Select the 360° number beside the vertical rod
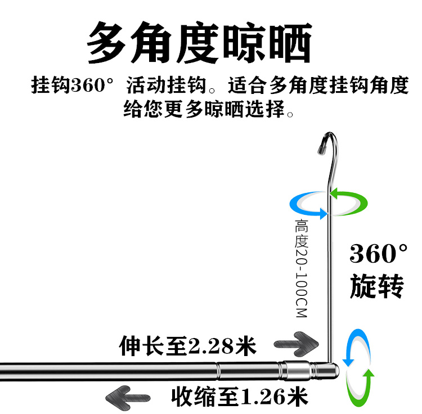point(379,254)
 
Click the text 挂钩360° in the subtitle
point(73,87)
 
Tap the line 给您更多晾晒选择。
point(209,108)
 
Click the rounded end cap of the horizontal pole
point(333,370)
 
